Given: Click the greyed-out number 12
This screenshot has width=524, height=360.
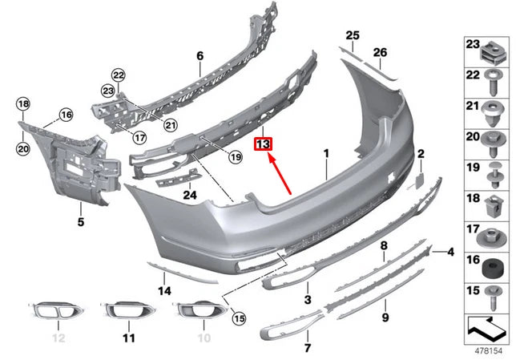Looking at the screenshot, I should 58,338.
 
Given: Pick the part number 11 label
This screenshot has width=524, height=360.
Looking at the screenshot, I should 129,338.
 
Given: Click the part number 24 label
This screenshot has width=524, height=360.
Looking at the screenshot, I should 189,193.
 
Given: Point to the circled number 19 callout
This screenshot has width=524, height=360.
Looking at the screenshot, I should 235,157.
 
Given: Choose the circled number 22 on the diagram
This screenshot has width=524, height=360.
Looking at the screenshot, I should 119,75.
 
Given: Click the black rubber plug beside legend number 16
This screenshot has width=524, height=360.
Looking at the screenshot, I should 494,262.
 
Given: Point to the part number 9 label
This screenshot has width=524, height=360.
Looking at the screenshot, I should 385,317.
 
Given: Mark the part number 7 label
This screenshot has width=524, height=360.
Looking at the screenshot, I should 306,348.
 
